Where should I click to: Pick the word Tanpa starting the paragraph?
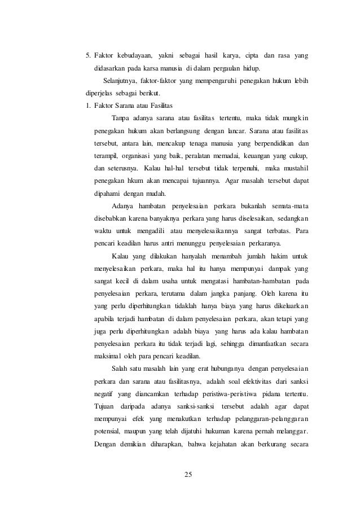click(121, 118)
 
